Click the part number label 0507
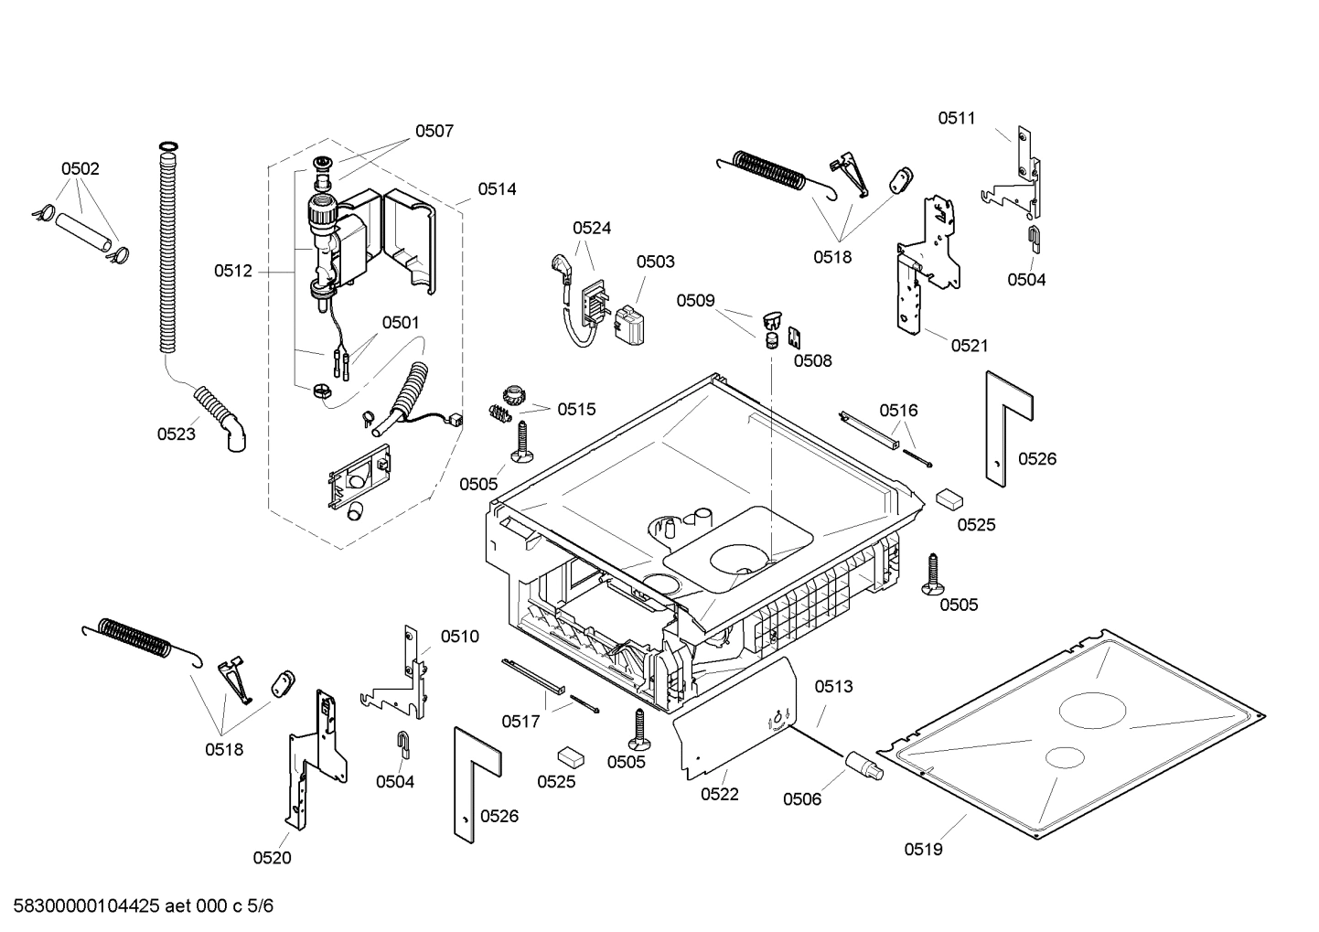[434, 131]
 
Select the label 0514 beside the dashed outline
[497, 189]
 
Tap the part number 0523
[176, 434]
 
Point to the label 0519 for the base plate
[923, 850]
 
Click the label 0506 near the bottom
[802, 799]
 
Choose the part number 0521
[970, 345]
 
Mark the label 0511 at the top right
[957, 118]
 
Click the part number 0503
[656, 262]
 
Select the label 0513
[833, 686]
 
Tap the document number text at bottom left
[138, 906]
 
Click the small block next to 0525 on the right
[949, 498]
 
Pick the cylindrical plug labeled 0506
[864, 765]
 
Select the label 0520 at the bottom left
[272, 858]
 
